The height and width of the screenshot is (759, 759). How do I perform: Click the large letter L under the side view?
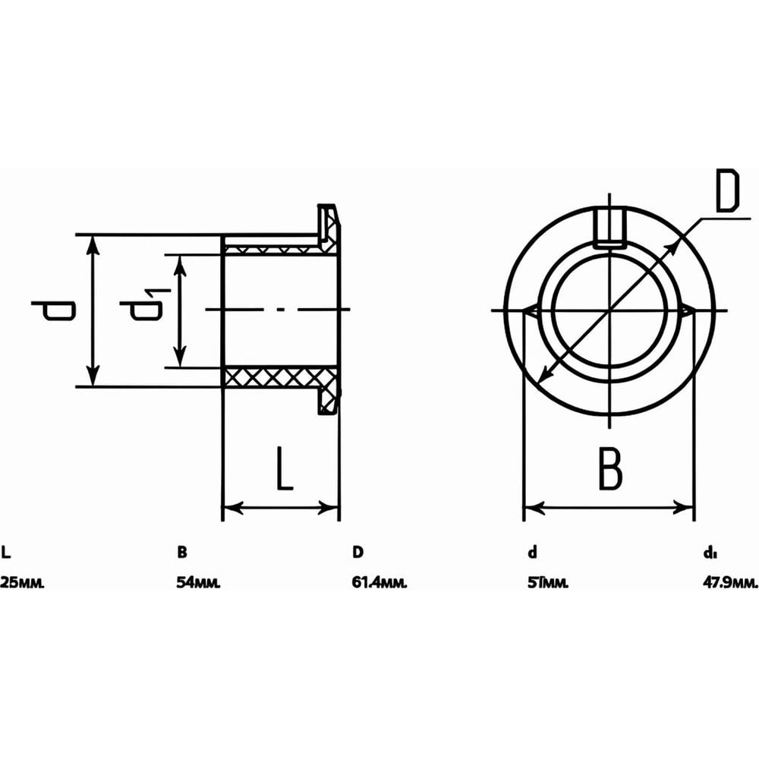(x=285, y=468)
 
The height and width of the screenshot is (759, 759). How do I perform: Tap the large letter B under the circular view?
(x=610, y=468)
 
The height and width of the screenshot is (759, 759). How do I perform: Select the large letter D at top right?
(x=728, y=191)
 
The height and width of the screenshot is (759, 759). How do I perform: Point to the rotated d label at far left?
(x=54, y=310)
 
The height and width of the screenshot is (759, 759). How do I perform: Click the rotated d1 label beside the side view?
(x=145, y=305)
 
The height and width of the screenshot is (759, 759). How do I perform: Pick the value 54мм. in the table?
(x=198, y=582)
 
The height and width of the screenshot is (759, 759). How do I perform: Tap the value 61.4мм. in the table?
(x=379, y=582)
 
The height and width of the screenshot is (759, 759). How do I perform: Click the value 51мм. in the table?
(x=548, y=582)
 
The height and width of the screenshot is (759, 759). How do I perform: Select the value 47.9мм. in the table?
(x=730, y=582)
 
